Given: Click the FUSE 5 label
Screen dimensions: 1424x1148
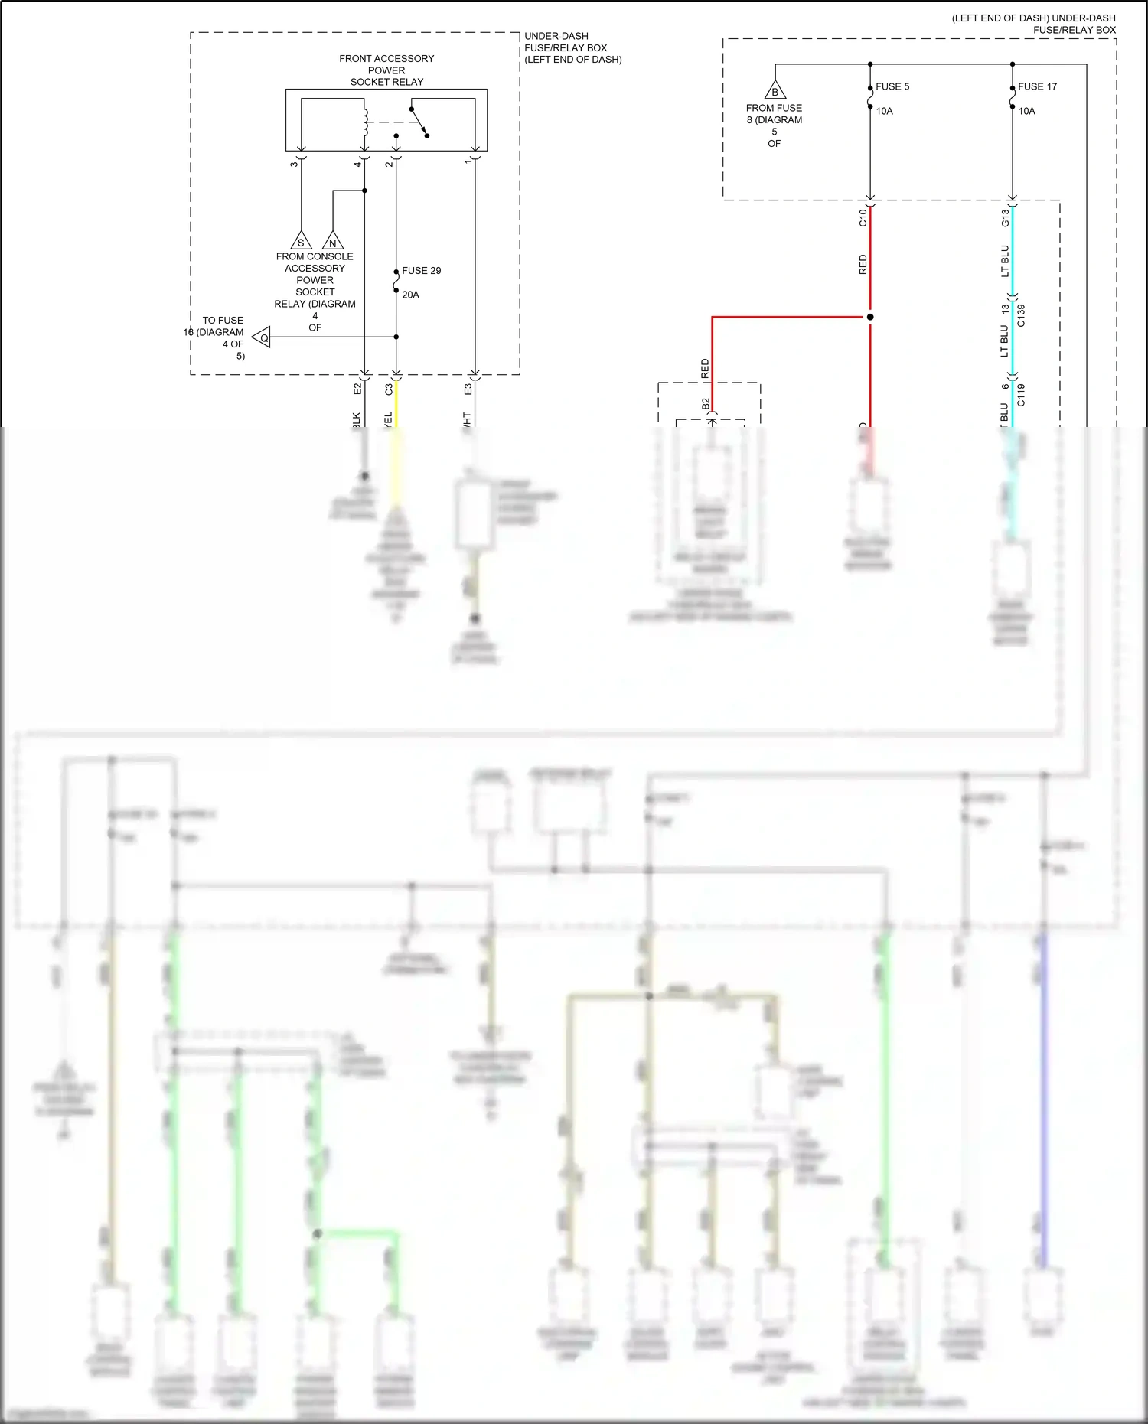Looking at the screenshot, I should pyautogui.click(x=892, y=86).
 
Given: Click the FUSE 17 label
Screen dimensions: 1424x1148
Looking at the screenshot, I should pyautogui.click(x=1037, y=86).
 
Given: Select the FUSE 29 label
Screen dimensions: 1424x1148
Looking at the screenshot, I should pyautogui.click(x=421, y=271).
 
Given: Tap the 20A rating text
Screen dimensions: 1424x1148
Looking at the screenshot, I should pyautogui.click(x=410, y=295).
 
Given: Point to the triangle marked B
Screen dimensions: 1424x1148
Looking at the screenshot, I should pyautogui.click(x=775, y=91).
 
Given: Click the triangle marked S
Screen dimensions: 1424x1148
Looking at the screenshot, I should pyautogui.click(x=301, y=241).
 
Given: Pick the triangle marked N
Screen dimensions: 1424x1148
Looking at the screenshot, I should pyautogui.click(x=332, y=241).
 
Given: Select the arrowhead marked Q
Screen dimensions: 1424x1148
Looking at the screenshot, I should pyautogui.click(x=262, y=337).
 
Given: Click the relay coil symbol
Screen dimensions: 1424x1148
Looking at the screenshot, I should pyautogui.click(x=366, y=122).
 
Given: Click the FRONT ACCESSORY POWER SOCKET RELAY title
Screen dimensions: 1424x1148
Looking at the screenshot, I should pyautogui.click(x=386, y=70).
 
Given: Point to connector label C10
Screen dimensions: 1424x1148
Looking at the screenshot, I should pyautogui.click(x=863, y=217).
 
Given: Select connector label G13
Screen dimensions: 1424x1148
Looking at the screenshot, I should pyautogui.click(x=1005, y=218).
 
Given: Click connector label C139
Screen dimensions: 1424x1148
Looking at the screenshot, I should pyautogui.click(x=1021, y=315).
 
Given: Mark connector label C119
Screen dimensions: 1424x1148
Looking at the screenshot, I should pyautogui.click(x=1021, y=395).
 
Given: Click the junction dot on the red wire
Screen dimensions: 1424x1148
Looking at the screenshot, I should pyautogui.click(x=870, y=317).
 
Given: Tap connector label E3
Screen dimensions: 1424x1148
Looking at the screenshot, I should pyautogui.click(x=468, y=389).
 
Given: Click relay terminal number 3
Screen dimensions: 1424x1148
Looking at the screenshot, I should pyautogui.click(x=294, y=164).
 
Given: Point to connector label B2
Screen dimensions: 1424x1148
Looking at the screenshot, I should pyautogui.click(x=706, y=403).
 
